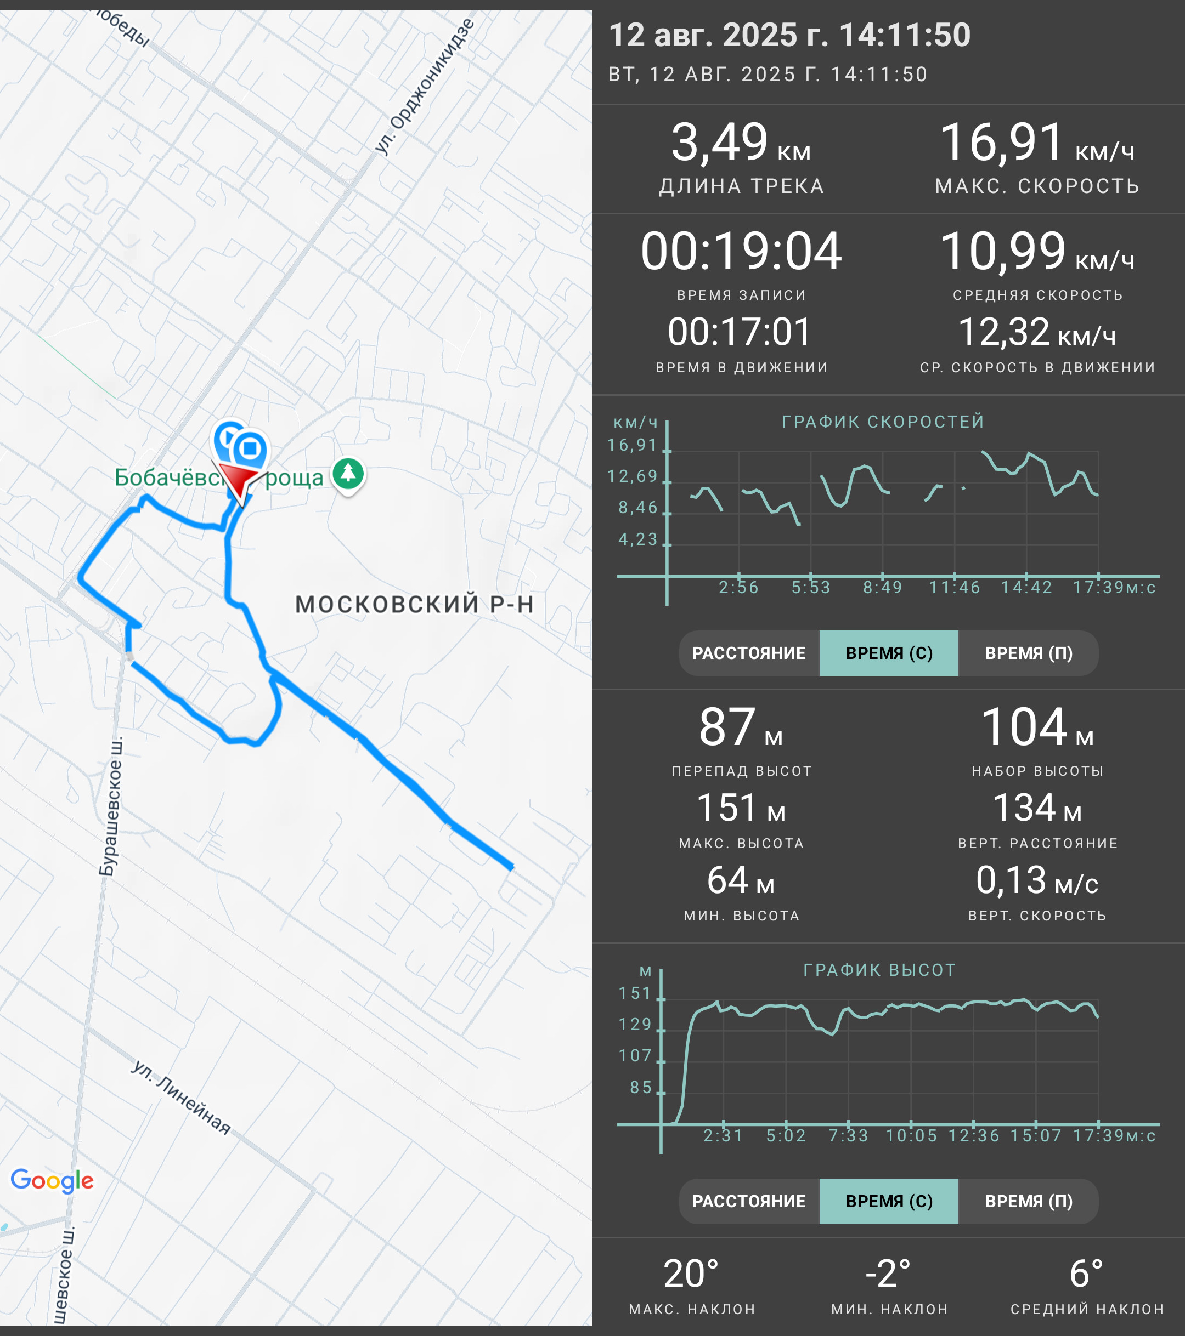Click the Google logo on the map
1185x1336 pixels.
[52, 1180]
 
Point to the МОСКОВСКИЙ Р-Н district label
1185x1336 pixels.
[415, 604]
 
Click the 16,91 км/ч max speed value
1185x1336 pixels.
[1036, 143]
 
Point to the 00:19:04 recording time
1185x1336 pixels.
[741, 251]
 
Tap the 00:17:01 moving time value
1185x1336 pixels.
[740, 332]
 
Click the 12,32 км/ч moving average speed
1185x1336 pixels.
[1036, 332]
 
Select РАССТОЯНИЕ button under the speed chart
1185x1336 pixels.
[749, 653]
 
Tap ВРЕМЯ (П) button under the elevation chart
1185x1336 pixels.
[1029, 1201]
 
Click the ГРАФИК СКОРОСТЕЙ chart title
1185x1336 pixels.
[883, 422]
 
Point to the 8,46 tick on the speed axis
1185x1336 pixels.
[637, 508]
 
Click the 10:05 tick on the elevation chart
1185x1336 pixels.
[911, 1135]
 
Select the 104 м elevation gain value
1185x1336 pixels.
[1037, 728]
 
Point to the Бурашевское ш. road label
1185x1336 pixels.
[110, 806]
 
